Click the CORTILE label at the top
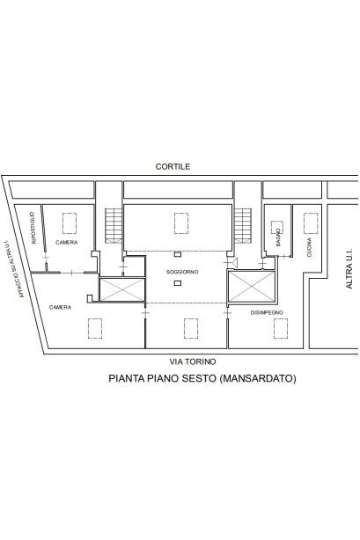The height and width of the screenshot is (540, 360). point(173,166)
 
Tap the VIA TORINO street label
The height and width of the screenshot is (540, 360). point(193,361)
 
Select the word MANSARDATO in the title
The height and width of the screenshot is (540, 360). point(258,378)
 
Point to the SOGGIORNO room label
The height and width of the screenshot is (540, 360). point(182,272)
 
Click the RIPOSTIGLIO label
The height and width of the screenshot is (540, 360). point(33,228)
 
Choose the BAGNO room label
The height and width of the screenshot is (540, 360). point(278,237)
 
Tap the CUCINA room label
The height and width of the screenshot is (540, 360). point(309,247)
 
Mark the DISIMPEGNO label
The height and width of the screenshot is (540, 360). point(267,312)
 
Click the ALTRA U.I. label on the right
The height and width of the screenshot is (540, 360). point(349,268)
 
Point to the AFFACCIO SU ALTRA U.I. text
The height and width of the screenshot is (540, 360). point(14,269)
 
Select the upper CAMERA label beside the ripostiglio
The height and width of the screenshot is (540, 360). point(67,242)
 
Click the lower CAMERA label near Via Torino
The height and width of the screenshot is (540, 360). point(61,307)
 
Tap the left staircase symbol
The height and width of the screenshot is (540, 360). point(114,226)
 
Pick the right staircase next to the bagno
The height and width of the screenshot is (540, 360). point(243,226)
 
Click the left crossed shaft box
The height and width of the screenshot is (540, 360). point(122,289)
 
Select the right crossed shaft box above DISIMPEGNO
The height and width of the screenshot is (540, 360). point(252,287)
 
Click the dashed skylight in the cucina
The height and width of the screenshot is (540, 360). point(311,223)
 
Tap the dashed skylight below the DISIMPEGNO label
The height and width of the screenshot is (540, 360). point(281,328)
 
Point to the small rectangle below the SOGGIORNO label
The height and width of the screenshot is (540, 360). point(178,283)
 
